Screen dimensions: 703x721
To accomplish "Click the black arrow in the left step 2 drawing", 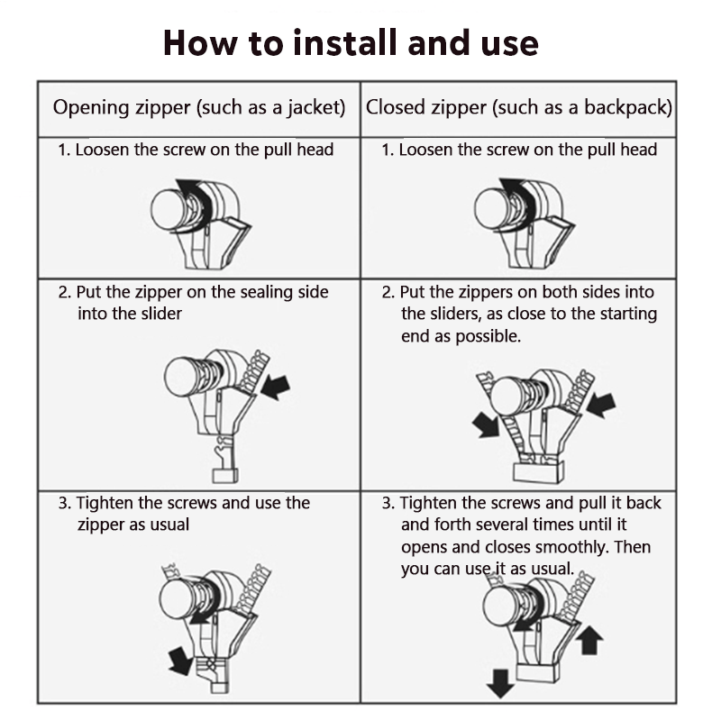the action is click(276, 387).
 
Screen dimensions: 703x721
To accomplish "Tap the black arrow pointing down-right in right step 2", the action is click(486, 424).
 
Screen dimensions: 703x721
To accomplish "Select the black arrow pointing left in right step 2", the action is click(602, 405).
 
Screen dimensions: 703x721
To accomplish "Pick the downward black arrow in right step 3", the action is click(500, 683).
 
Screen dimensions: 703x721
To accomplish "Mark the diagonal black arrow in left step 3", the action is click(180, 661).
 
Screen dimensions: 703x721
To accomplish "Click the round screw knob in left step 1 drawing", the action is click(168, 210).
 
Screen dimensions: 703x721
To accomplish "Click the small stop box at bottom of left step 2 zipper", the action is click(224, 476).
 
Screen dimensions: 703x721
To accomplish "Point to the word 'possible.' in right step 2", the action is click(488, 336).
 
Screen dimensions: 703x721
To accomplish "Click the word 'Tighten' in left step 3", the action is click(105, 503).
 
